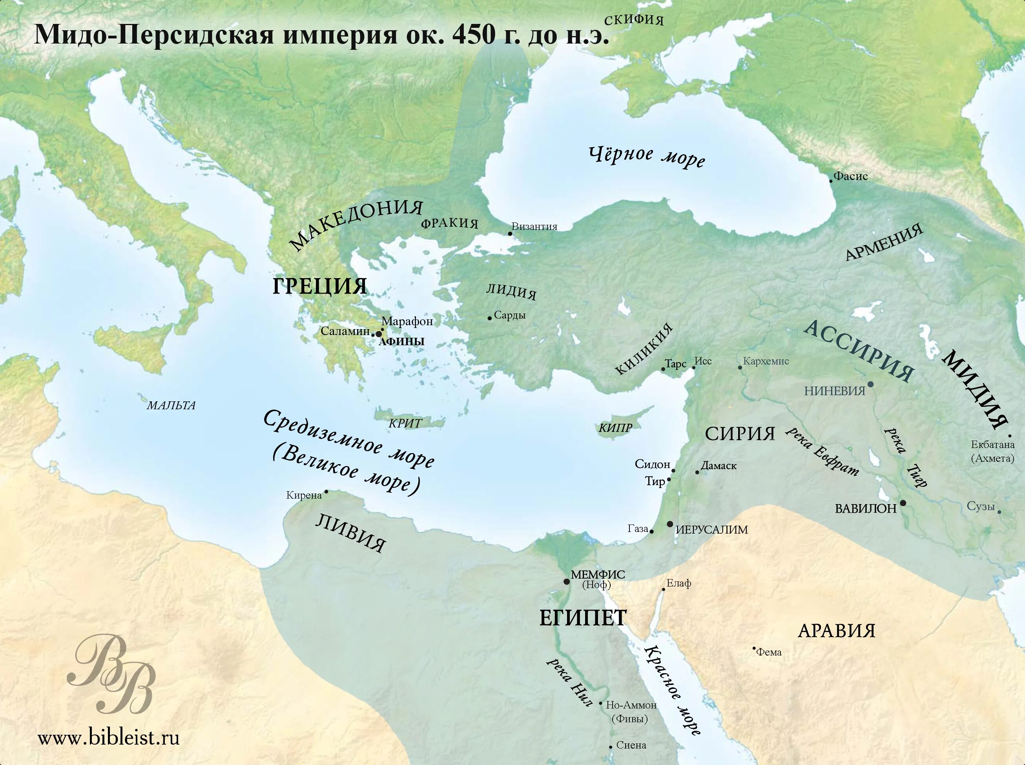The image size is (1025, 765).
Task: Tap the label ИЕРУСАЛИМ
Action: tap(711, 530)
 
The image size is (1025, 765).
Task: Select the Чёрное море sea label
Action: tap(647, 157)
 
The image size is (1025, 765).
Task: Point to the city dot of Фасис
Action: tap(831, 181)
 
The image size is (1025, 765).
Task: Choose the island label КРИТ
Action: tap(405, 423)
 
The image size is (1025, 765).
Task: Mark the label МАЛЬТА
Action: tap(171, 406)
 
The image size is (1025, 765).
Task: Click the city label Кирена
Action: tap(304, 495)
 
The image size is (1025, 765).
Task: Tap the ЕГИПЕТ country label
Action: tap(583, 618)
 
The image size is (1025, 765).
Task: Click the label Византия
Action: tap(534, 227)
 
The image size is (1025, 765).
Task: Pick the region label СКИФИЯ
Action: tap(634, 20)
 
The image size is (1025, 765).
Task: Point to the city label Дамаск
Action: tap(719, 466)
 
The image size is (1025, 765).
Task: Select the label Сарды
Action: tap(509, 316)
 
